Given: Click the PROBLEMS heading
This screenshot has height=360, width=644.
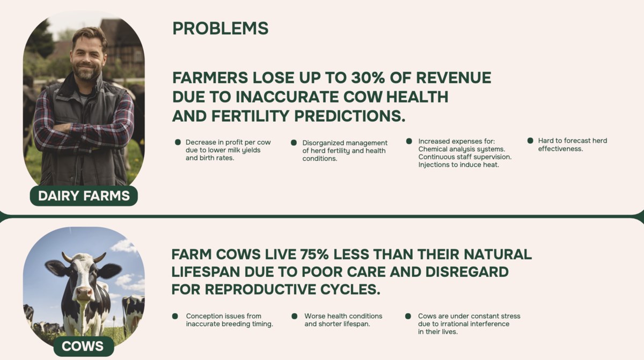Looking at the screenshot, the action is tap(220, 28).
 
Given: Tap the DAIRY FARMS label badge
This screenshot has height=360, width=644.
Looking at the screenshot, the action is tap(84, 196).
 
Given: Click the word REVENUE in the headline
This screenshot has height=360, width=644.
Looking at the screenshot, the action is tap(453, 78).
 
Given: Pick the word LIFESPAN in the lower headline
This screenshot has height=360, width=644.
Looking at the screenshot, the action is tap(206, 272).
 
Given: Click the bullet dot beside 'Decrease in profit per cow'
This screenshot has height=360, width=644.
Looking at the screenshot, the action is tap(178, 142).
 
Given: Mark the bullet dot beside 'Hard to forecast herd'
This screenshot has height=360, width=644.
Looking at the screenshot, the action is tap(530, 141).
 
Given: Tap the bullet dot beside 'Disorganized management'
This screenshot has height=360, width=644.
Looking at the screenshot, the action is tap(294, 143).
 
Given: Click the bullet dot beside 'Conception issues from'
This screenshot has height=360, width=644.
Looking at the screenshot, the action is tap(175, 317).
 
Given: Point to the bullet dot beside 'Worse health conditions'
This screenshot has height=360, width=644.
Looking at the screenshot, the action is tap(295, 317).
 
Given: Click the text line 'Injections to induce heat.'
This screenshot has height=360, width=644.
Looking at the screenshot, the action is tap(458, 165).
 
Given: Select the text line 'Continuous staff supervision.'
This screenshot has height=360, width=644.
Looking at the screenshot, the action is tap(465, 157).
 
